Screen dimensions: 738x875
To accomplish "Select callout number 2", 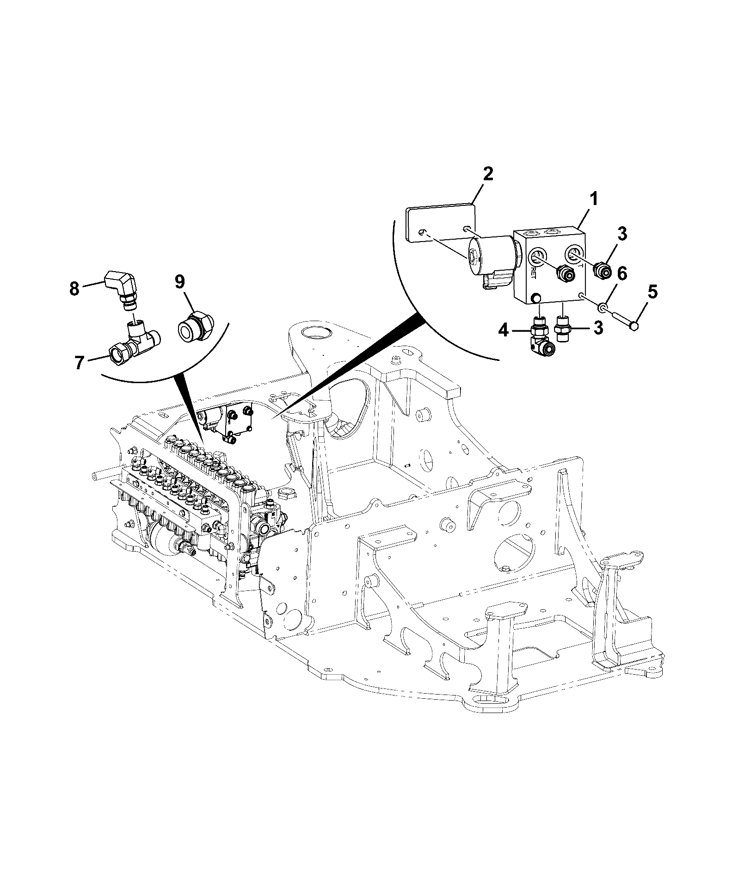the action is pyautogui.click(x=487, y=174).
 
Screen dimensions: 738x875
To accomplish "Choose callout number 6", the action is pyautogui.click(x=622, y=273).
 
